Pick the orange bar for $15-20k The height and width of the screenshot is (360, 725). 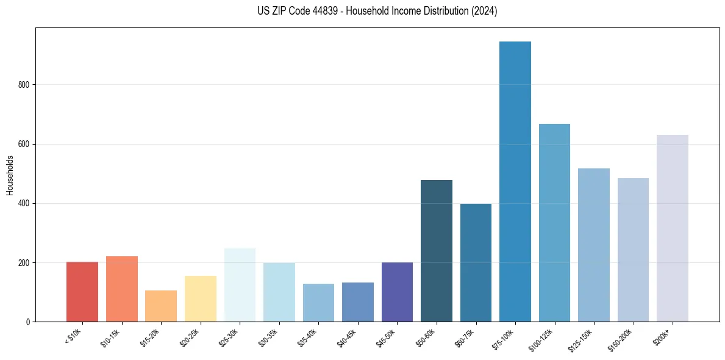[x=161, y=306]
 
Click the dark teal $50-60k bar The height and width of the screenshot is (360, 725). [x=437, y=251]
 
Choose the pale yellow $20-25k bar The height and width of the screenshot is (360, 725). [x=201, y=298]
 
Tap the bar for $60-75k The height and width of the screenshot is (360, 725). [x=476, y=262]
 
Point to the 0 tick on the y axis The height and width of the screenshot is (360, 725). [x=28, y=322]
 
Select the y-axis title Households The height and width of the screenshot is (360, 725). [x=10, y=175]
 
